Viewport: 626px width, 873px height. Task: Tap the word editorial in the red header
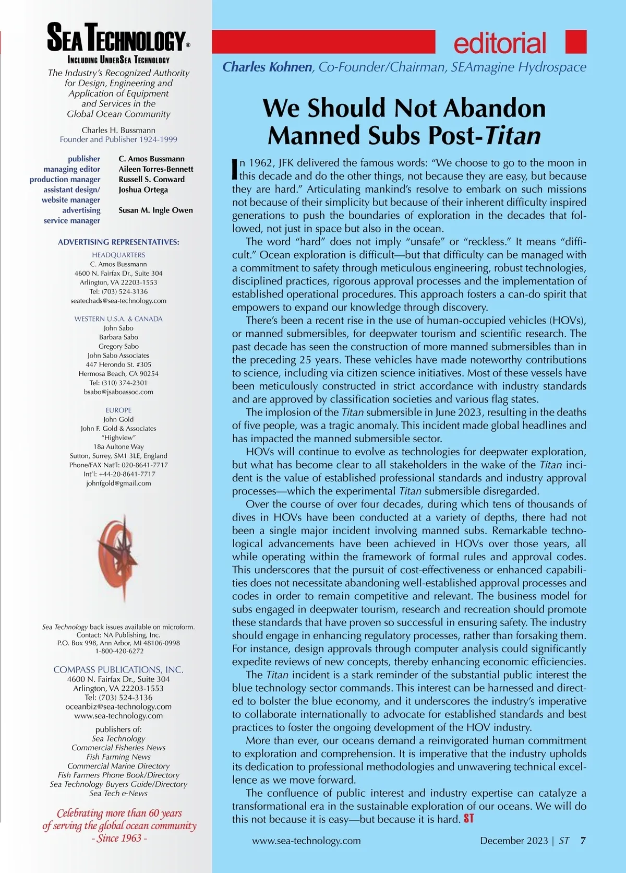click(500, 43)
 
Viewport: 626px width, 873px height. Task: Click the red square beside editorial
click(576, 42)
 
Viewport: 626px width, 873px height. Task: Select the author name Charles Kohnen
click(267, 67)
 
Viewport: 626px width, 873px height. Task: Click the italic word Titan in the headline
click(513, 136)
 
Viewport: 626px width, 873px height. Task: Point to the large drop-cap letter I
click(235, 169)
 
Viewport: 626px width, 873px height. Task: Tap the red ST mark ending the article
click(468, 819)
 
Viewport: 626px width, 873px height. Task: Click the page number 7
click(583, 841)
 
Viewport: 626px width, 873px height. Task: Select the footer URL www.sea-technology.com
click(306, 841)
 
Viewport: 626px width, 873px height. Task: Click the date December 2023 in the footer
click(513, 841)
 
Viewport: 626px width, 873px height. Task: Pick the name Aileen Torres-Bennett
click(155, 169)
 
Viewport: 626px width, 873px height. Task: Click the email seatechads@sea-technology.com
click(118, 301)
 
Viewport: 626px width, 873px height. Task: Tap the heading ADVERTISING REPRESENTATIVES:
click(118, 242)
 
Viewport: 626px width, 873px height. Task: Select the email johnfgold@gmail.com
click(118, 483)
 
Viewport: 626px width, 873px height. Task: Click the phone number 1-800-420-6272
click(118, 651)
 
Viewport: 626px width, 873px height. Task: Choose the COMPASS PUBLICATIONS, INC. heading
click(118, 669)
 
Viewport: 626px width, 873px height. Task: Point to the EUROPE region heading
click(118, 410)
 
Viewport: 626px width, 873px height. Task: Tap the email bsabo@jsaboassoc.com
click(118, 392)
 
